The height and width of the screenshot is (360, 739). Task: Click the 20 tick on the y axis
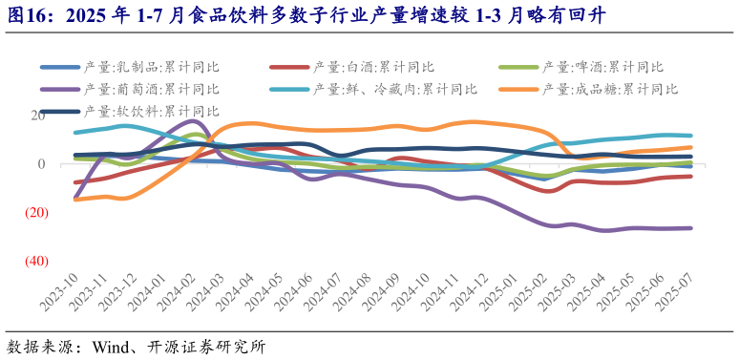(36, 116)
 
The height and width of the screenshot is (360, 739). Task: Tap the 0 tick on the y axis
(41, 164)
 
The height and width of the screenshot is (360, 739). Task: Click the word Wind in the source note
(111, 346)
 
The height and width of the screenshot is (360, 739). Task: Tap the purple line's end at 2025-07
(691, 228)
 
